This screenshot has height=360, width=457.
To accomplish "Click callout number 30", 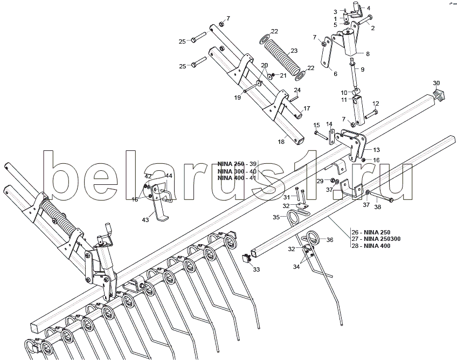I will click(x=437, y=83).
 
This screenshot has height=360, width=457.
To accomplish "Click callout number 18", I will click(x=281, y=142).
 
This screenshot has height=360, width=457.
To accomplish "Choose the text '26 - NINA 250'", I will click(x=370, y=232).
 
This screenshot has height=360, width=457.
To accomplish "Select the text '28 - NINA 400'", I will click(x=370, y=246).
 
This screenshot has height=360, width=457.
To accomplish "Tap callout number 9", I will click(x=363, y=70).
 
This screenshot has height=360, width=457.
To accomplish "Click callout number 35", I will click(x=275, y=217).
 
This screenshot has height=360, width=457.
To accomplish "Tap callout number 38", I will click(x=377, y=207).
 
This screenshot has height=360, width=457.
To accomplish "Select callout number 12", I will click(x=376, y=103).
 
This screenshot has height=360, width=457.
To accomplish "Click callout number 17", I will click(x=307, y=108).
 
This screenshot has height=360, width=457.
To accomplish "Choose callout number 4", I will click(x=369, y=8).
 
